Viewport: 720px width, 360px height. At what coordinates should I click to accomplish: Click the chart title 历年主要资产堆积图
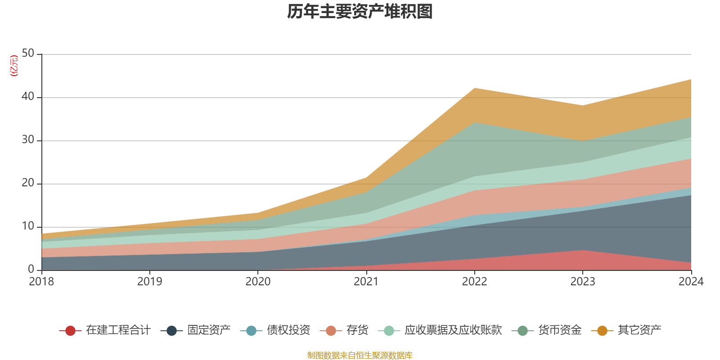click(x=360, y=12)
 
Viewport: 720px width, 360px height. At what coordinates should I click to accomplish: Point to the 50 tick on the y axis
click(x=28, y=53)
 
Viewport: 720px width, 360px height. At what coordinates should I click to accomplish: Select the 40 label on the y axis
click(x=28, y=96)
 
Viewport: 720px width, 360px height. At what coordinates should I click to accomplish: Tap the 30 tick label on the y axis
click(x=28, y=139)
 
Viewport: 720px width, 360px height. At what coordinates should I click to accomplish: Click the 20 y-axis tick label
click(x=28, y=183)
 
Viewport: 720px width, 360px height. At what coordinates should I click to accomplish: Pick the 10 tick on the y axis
click(x=28, y=226)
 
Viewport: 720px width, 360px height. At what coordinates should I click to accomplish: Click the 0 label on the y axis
click(x=31, y=269)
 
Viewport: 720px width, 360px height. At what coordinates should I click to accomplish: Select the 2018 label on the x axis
click(x=41, y=282)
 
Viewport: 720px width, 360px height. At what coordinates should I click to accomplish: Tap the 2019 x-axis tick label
click(x=149, y=282)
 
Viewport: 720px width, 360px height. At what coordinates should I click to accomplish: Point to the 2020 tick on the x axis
click(x=258, y=282)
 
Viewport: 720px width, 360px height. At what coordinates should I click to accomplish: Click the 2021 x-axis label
click(x=366, y=282)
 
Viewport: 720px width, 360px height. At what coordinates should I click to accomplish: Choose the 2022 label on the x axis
click(x=474, y=282)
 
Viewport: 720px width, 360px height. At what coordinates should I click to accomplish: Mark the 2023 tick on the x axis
click(x=583, y=282)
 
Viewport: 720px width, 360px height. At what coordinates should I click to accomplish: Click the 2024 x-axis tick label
click(x=691, y=282)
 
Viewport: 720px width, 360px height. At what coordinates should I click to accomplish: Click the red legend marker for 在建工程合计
click(x=70, y=331)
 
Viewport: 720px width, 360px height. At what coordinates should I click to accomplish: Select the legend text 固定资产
click(x=209, y=330)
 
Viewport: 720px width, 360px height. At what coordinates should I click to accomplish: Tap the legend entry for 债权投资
click(x=288, y=330)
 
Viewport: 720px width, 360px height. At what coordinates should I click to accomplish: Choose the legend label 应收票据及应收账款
click(x=453, y=330)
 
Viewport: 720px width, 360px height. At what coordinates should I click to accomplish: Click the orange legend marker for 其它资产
click(x=602, y=331)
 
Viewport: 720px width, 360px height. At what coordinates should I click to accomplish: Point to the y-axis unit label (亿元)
click(x=14, y=66)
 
